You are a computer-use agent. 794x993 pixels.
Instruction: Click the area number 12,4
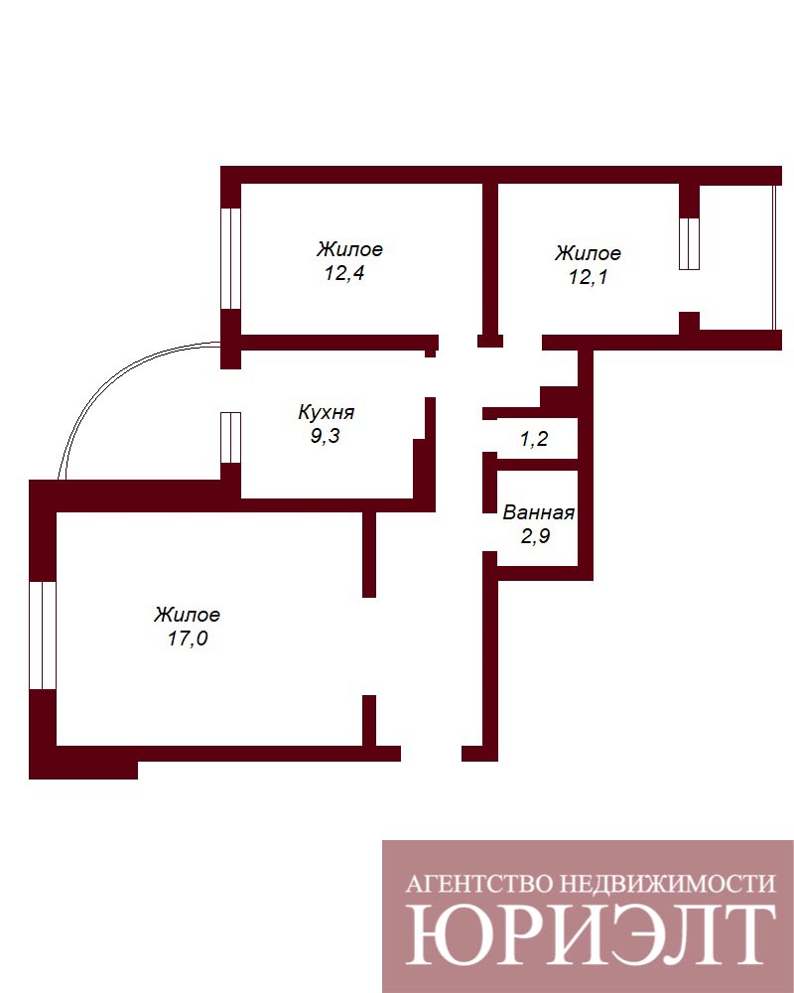344,274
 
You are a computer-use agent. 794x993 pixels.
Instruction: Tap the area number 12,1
589,277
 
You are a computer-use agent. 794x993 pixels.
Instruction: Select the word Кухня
327,413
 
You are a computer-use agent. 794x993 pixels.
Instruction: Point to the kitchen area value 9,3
325,436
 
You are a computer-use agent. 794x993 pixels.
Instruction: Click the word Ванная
538,512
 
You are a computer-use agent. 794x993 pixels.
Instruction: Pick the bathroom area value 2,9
535,536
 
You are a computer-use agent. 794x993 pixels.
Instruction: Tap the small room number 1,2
534,439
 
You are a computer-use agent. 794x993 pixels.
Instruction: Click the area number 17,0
188,638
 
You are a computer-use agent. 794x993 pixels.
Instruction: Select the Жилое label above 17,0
187,615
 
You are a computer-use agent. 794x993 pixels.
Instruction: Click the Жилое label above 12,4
349,249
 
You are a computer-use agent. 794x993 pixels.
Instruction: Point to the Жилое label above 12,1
588,253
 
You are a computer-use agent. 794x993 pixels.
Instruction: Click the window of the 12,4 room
231,258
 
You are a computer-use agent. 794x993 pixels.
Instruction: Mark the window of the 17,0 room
43,636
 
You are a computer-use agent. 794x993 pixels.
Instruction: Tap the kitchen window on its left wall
231,438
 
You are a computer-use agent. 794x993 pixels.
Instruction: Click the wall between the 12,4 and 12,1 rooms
489,259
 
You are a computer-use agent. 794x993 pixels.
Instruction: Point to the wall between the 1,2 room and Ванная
537,465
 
